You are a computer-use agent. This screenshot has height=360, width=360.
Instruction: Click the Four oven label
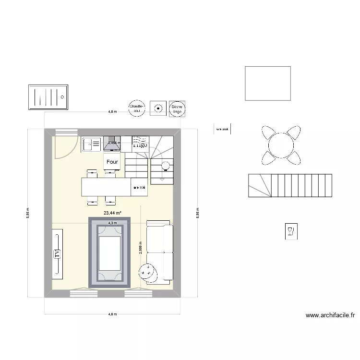coord(112,162)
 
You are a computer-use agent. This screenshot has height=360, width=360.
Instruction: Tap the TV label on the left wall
coord(57,253)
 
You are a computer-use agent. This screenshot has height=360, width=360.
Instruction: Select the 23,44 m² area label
coord(112,213)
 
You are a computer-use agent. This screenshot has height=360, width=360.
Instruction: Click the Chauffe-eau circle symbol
coord(136,109)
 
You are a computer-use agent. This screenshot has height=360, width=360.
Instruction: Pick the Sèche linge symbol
coord(177,109)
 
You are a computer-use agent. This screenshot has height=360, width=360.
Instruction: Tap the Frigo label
coord(140,143)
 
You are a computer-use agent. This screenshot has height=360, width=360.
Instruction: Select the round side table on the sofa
coord(148,272)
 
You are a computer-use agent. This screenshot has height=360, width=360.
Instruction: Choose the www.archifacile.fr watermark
coord(330,315)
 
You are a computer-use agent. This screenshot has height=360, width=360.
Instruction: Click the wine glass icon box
coord(291,232)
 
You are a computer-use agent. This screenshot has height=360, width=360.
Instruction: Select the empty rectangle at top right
coord(268,84)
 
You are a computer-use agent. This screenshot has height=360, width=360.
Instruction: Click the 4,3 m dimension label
coord(112,223)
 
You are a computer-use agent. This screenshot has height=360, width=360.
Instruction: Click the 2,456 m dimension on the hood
coord(113,143)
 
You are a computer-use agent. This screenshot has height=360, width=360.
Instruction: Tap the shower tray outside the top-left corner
coord(48,97)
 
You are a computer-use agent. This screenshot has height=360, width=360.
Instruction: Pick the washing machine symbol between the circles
coord(156,109)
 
